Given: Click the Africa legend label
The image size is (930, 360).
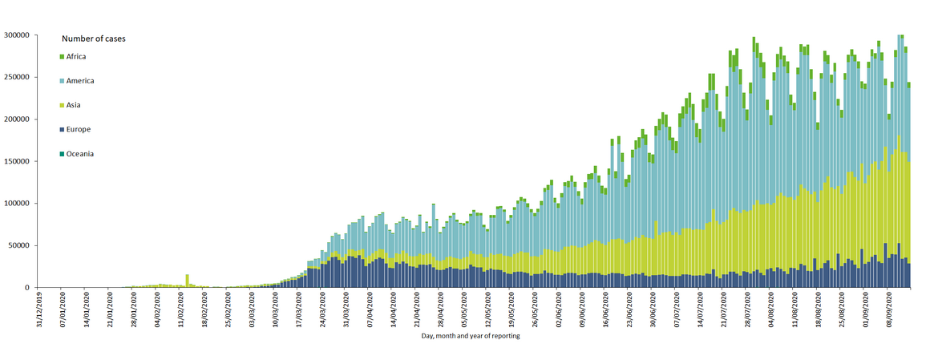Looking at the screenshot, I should (x=76, y=56).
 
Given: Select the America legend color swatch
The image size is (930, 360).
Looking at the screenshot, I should (x=62, y=81).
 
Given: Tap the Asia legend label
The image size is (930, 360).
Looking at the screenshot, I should (x=73, y=105).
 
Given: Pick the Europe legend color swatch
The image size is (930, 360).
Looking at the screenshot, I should (x=62, y=129).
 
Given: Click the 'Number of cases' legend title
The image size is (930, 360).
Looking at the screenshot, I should (x=93, y=38).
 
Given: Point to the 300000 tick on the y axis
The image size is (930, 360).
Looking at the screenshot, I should (x=17, y=35).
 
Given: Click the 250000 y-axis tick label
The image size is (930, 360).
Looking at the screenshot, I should (x=17, y=78).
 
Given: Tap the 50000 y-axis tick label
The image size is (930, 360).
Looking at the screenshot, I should (x=18, y=245).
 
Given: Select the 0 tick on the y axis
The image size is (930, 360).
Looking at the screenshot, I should (x=28, y=287).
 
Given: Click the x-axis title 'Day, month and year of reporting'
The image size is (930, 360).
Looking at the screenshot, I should (x=471, y=336).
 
